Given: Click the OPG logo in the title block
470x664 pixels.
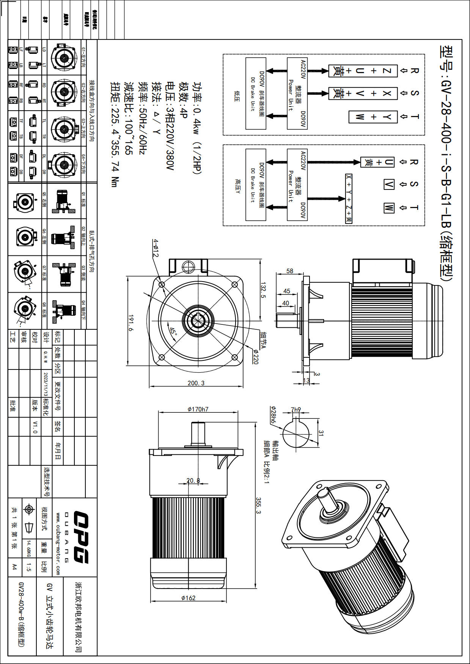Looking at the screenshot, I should click(81, 537).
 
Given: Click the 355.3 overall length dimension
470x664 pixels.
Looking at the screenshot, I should click(258, 506).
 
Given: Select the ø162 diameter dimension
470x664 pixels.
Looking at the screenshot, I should click(189, 598).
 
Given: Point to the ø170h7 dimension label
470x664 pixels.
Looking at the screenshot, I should click(198, 409).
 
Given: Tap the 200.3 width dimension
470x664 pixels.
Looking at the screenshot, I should click(196, 383).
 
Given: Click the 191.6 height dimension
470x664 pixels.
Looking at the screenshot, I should click(131, 323).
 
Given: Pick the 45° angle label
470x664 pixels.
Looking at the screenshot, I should click(173, 332).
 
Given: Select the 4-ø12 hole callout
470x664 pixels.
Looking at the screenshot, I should click(156, 248).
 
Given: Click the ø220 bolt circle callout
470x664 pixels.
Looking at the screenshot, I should click(256, 356).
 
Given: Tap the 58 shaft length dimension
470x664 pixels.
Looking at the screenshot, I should click(290, 271).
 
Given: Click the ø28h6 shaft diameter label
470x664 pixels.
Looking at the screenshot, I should click(273, 415).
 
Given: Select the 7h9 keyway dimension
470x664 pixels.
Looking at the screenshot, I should click(296, 410).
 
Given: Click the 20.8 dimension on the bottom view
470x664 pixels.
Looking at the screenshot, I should click(193, 481).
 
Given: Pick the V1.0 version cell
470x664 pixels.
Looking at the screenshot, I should click(35, 427).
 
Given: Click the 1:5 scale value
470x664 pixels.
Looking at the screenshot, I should click(29, 567).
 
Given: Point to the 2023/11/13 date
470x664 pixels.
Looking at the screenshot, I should click(46, 384).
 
